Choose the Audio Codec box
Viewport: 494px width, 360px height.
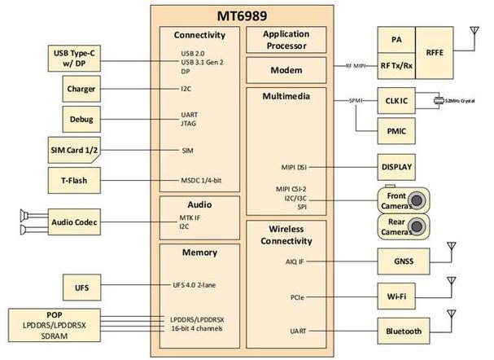point(75,222)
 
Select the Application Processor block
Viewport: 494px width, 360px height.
point(286,40)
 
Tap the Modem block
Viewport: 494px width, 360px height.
point(286,71)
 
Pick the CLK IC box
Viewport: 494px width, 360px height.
point(396,101)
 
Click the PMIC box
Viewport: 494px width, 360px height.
point(396,130)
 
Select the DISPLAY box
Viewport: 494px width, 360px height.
point(396,167)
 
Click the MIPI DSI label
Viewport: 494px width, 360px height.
point(290,167)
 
